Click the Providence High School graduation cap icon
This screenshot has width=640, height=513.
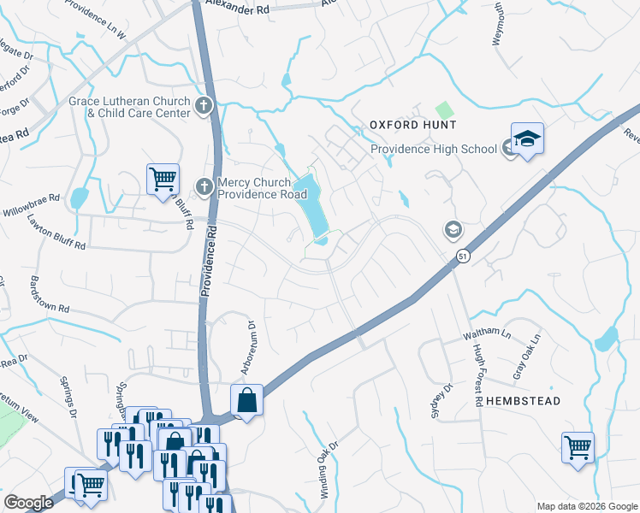pyautogui.click(x=528, y=139)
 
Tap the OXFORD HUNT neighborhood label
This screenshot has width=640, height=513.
pyautogui.click(x=412, y=125)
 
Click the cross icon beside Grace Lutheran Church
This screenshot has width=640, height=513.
pyautogui.click(x=204, y=106)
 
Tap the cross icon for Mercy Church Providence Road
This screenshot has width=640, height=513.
pyautogui.click(x=204, y=185)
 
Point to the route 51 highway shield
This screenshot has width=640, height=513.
pyautogui.click(x=463, y=256)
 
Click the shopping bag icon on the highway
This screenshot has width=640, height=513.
pyautogui.click(x=246, y=400)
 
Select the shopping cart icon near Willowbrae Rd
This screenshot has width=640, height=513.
pyautogui.click(x=162, y=180)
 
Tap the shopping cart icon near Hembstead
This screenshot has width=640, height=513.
pyautogui.click(x=578, y=446)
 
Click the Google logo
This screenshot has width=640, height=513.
pyautogui.click(x=29, y=503)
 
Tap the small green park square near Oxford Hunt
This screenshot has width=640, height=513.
pyautogui.click(x=444, y=110)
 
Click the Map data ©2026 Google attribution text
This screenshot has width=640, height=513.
pyautogui.click(x=585, y=506)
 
